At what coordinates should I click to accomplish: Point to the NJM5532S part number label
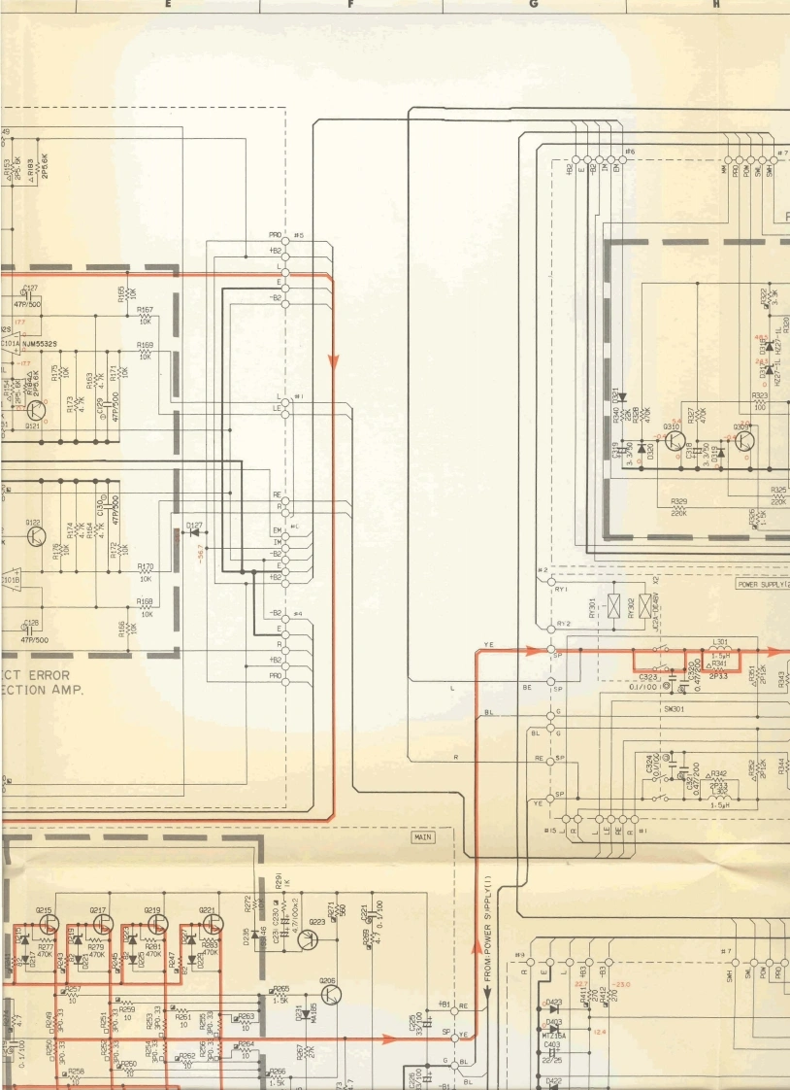click(x=40, y=343)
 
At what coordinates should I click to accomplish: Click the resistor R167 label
click(x=145, y=310)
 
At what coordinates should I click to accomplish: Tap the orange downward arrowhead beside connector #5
click(x=333, y=361)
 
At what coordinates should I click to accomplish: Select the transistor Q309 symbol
click(x=745, y=439)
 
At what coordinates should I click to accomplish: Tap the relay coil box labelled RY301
click(x=614, y=608)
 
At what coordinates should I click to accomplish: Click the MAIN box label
click(x=424, y=836)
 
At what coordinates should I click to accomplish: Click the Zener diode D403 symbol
click(x=553, y=1022)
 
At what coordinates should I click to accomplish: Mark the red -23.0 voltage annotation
click(x=621, y=985)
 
